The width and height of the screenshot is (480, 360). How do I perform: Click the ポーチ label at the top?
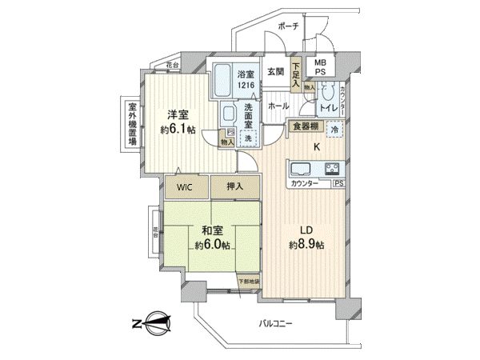pos(288,26)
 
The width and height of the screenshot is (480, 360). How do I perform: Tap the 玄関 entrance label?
pos(274,71)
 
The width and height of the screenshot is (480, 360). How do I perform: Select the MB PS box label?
pos(320,66)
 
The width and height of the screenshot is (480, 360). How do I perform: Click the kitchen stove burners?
pos(332,168)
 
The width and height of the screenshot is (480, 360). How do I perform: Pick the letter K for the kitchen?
pos(317,146)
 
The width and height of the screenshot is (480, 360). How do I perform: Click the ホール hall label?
pos(278,106)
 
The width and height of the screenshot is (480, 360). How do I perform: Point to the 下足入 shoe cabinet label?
pos(296,75)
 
